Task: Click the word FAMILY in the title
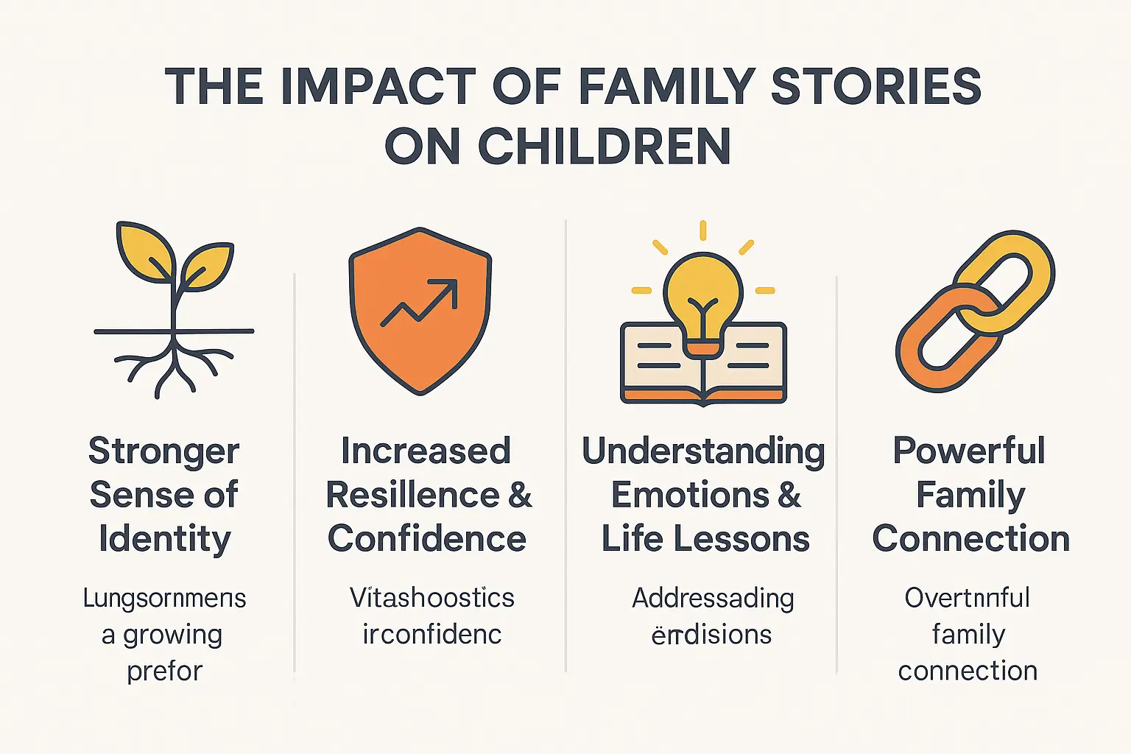pyautogui.click(x=666, y=87)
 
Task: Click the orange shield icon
pyautogui.click(x=420, y=309)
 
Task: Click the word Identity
pyautogui.click(x=165, y=539)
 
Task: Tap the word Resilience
pyautogui.click(x=412, y=495)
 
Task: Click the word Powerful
pyautogui.click(x=969, y=451)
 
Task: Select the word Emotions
pyautogui.click(x=690, y=495)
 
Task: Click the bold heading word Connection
pyautogui.click(x=970, y=539)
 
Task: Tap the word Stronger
pyautogui.click(x=164, y=451)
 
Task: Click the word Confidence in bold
pyautogui.click(x=427, y=539)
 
